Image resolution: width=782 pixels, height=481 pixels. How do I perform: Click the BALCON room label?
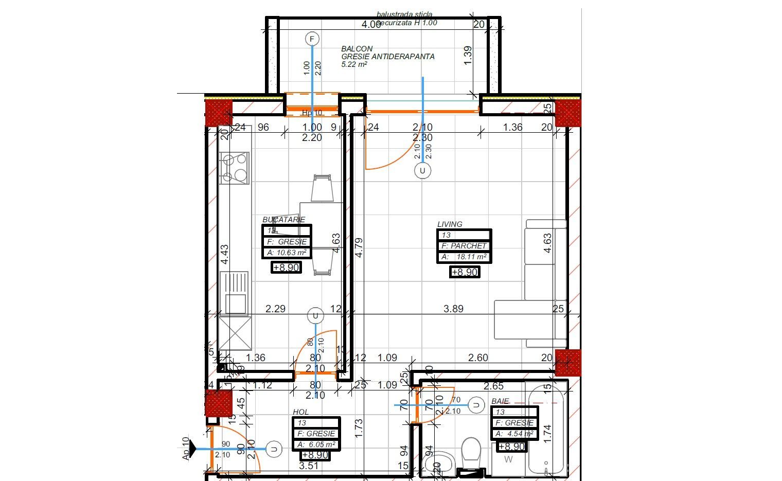tap(357, 49)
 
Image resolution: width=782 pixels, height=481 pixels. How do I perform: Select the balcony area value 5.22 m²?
tap(354, 65)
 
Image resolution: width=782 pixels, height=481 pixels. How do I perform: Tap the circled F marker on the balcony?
tap(312, 39)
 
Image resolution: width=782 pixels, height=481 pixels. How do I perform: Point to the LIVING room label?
tap(450, 224)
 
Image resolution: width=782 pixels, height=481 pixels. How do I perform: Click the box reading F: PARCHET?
tap(464, 246)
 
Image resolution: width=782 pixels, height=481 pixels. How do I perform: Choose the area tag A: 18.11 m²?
tap(464, 257)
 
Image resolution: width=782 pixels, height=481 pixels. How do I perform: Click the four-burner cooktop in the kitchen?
tap(234, 168)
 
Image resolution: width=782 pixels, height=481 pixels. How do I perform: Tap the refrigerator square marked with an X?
tap(235, 333)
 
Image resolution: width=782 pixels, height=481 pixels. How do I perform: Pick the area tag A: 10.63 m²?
tap(287, 253)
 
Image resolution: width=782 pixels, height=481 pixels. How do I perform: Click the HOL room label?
tap(301, 412)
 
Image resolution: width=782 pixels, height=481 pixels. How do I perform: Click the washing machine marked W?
tap(508, 460)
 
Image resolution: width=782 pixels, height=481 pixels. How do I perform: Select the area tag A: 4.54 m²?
tap(514, 434)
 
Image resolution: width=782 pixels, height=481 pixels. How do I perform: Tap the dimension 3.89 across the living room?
tap(453, 309)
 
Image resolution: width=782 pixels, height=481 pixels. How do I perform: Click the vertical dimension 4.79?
tap(359, 247)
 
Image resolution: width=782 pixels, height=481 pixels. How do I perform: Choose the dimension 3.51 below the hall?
tap(309, 466)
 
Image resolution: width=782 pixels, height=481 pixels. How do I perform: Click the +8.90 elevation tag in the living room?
tap(465, 272)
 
